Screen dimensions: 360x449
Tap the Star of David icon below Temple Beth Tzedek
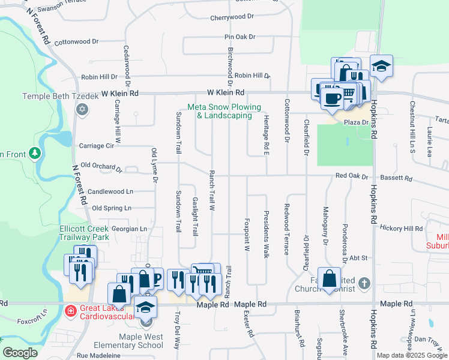point(82,110)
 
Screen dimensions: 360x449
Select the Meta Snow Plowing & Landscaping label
point(224,112)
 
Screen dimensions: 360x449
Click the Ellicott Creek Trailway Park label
point(84,233)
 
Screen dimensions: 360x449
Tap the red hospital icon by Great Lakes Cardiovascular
point(71,311)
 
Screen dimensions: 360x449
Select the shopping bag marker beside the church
point(329,278)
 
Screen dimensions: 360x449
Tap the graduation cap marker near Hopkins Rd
point(381,66)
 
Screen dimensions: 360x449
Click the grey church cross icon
point(363,283)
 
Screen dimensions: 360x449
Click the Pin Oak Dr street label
point(240,37)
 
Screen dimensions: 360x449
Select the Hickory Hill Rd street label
point(402,229)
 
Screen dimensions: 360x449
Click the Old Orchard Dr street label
point(101,166)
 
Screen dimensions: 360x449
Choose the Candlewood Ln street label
point(110,192)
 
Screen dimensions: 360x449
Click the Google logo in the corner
point(20,353)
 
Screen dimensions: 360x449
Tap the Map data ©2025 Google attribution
point(412,355)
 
